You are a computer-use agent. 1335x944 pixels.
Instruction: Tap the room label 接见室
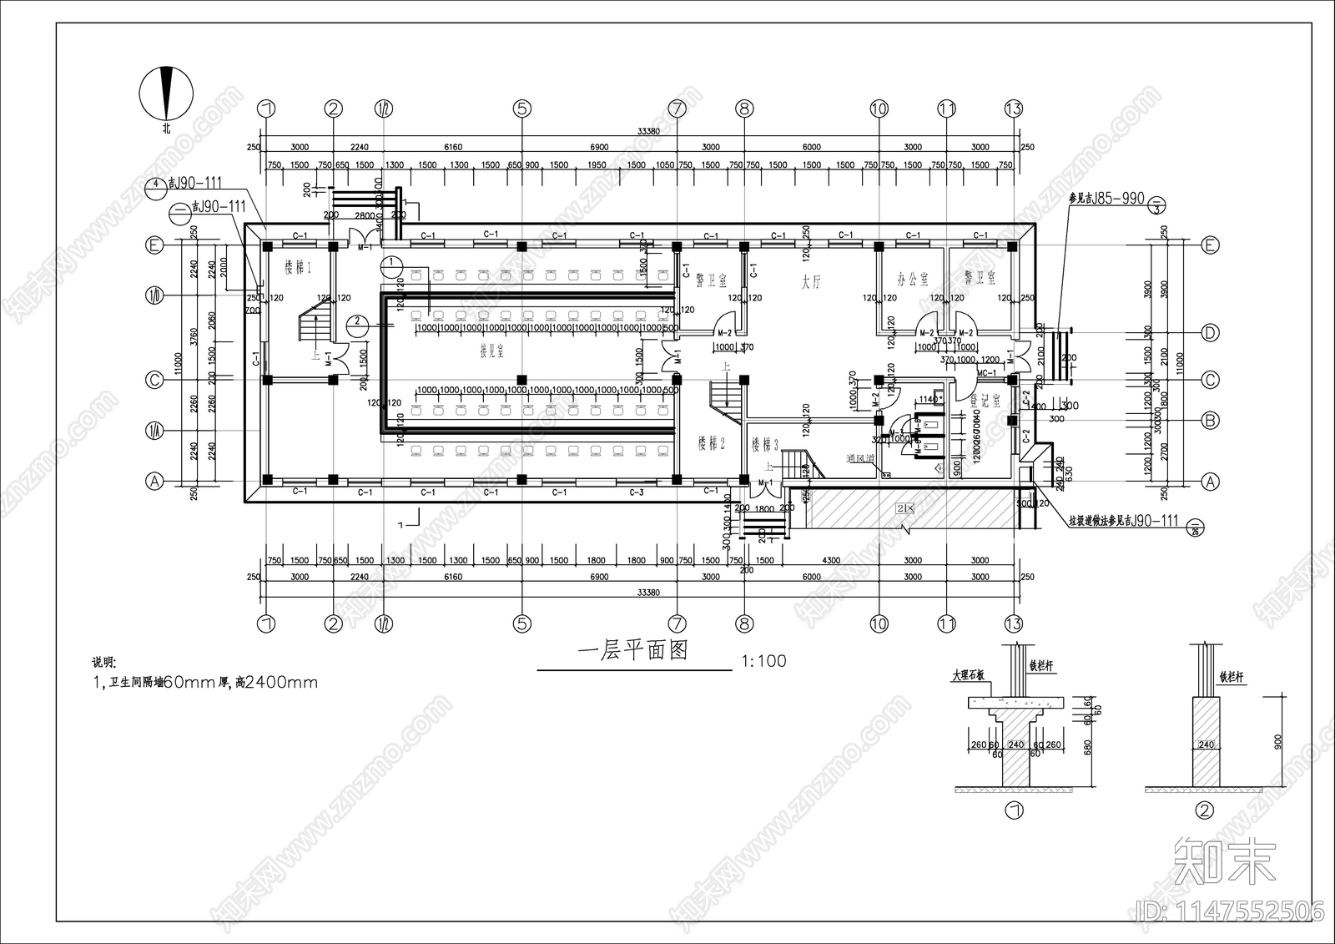(491, 352)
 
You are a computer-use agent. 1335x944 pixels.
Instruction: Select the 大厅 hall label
(811, 283)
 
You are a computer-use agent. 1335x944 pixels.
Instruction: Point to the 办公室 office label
(912, 279)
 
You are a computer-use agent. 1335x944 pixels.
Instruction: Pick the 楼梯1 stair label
(297, 268)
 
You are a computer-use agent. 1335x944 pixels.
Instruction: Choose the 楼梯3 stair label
(764, 445)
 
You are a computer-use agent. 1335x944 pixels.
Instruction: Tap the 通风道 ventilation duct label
(859, 458)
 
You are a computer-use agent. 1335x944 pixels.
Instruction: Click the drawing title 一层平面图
(633, 651)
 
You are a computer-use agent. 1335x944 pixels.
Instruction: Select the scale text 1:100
(763, 661)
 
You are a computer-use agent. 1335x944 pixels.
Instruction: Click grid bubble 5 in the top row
(522, 109)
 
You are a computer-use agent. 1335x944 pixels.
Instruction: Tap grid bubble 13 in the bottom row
(1013, 623)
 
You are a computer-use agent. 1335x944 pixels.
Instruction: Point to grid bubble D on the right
(1210, 333)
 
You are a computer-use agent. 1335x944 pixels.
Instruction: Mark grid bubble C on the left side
(154, 380)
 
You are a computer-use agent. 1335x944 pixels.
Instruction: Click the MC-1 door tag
(987, 373)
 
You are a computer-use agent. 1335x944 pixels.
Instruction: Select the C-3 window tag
(637, 492)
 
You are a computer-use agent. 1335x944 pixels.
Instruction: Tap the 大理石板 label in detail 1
(969, 675)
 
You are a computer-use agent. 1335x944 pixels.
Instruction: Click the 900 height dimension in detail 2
(1277, 741)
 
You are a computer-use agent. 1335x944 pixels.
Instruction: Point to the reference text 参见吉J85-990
(1106, 199)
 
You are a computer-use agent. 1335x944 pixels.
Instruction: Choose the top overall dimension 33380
(648, 131)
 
